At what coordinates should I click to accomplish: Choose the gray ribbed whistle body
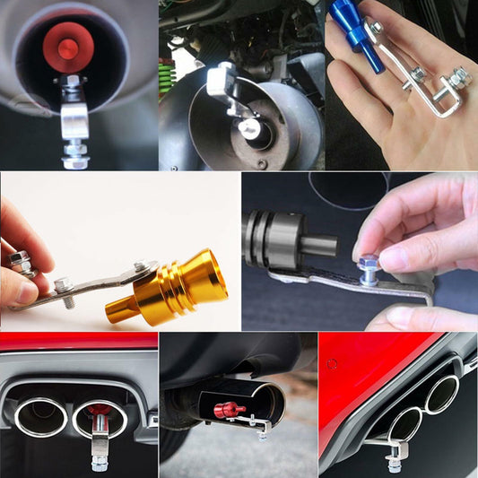(x=274, y=240)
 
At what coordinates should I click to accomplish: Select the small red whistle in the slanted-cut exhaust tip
(x=228, y=410)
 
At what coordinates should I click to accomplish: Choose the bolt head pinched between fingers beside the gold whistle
(x=20, y=263)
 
